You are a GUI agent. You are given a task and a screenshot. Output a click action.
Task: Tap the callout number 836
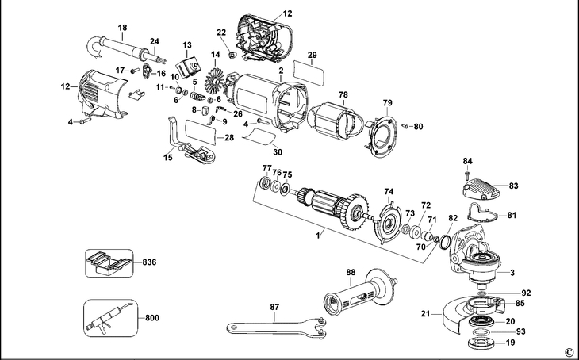[150, 262]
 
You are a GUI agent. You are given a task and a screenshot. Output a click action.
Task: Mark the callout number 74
[389, 191]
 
